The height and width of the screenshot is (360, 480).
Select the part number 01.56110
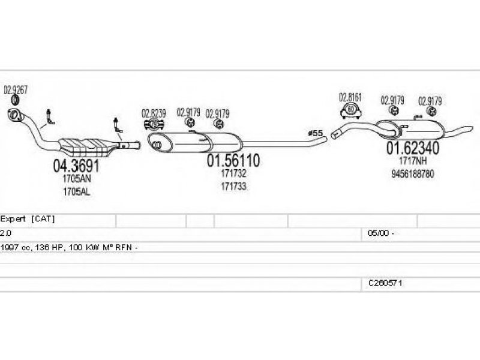pos(233,161)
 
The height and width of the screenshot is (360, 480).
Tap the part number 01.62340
pos(412,148)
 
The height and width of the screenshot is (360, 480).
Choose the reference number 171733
pos(233,187)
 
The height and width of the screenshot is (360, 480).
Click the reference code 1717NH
pos(412,161)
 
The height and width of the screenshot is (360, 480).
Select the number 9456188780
pos(412,173)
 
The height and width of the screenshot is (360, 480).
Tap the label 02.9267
pos(16,90)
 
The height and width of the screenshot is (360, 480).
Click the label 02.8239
pos(154,112)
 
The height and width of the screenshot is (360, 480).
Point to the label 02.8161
pos(350,96)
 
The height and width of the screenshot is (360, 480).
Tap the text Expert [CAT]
pos(28,219)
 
